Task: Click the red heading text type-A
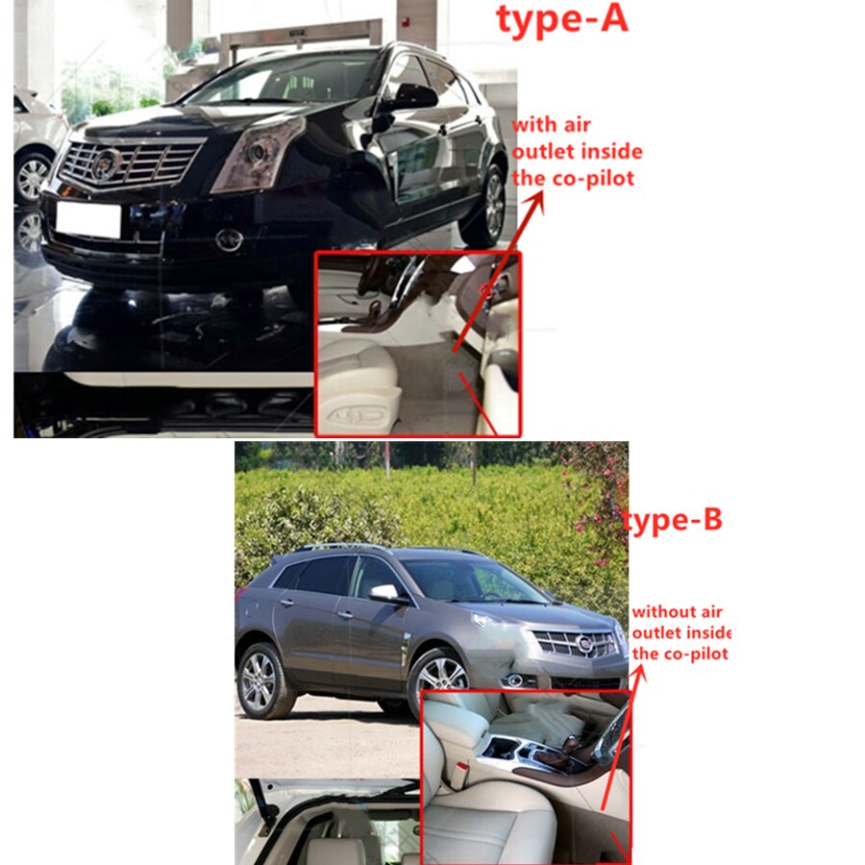(x=562, y=20)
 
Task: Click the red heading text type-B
(x=672, y=521)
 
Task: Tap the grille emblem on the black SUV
(x=106, y=163)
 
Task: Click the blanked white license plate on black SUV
(x=88, y=220)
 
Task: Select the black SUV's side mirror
(x=412, y=98)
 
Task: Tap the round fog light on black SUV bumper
(x=229, y=239)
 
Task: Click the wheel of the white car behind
(x=32, y=177)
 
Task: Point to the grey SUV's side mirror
(x=386, y=593)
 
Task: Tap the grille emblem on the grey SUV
(x=583, y=643)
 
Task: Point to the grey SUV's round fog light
(x=516, y=680)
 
